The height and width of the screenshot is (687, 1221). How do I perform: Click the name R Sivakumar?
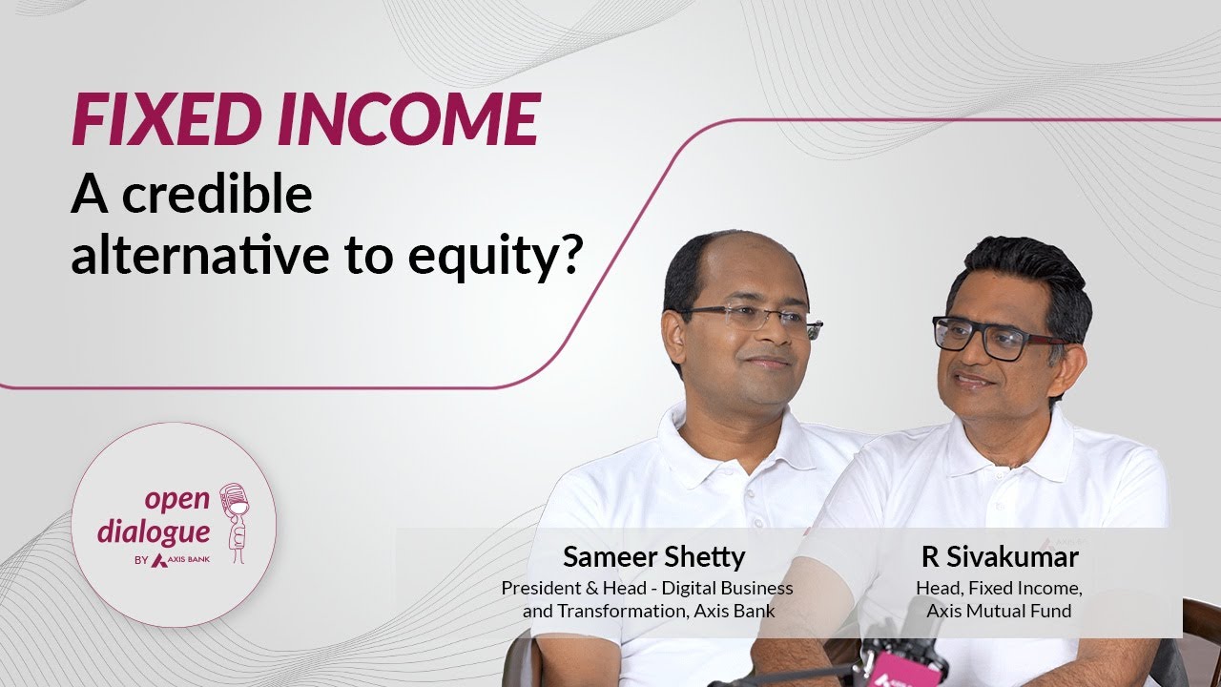[999, 556]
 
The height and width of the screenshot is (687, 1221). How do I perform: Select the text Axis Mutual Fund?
[999, 610]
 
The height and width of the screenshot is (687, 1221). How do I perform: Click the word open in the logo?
[176, 498]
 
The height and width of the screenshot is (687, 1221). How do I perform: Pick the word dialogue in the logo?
[166, 531]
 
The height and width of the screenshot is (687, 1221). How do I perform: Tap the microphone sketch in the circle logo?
[233, 520]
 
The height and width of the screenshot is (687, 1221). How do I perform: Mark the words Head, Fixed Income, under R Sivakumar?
[999, 588]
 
